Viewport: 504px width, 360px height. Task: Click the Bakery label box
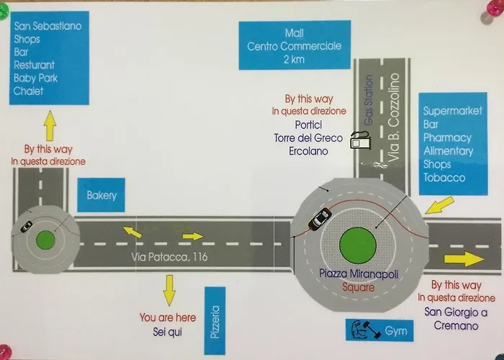102,195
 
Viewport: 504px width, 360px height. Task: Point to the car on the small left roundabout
24,227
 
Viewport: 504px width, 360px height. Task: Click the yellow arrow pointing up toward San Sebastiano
50,127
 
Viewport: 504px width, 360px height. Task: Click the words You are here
167,318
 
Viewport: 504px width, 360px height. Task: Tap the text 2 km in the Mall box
294,61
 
